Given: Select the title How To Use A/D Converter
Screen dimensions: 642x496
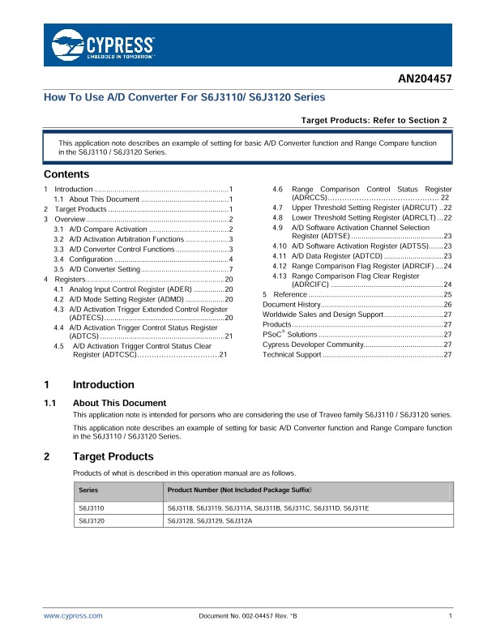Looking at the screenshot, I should (x=184, y=97).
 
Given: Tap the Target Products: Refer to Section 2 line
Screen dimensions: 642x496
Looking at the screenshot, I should (x=374, y=120).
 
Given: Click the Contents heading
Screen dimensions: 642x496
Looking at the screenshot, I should (x=66, y=174).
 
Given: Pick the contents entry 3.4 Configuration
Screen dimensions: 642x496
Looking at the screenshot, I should (x=93, y=259).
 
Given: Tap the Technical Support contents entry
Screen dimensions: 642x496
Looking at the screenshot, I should (x=293, y=355).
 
